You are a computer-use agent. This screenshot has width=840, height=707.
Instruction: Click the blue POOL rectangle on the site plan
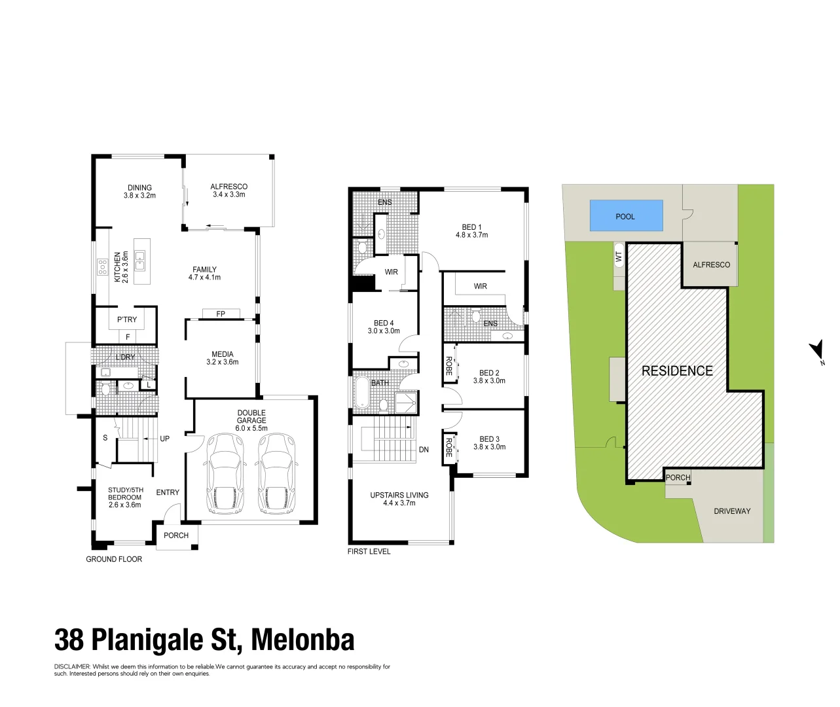(x=626, y=216)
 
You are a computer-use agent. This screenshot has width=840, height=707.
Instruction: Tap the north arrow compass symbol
(x=816, y=350)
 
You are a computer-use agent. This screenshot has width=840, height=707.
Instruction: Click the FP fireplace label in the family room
(x=221, y=314)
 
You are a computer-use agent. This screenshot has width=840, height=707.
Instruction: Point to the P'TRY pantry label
(x=127, y=319)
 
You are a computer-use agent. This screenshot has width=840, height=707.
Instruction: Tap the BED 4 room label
(x=384, y=323)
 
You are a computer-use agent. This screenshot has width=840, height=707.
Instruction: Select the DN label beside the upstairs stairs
(x=424, y=450)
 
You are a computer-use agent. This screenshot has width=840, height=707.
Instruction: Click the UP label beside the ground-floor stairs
(x=165, y=439)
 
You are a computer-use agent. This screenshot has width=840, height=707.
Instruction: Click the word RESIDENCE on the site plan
(x=677, y=371)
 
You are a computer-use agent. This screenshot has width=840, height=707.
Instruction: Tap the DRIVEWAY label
(x=732, y=511)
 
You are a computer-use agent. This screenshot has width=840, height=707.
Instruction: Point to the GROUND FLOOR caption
(x=114, y=559)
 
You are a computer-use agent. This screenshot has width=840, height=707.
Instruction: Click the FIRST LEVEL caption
(x=369, y=551)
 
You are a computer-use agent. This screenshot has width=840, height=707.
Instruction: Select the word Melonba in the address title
(x=302, y=640)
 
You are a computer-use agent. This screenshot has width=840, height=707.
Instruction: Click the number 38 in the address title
(x=69, y=640)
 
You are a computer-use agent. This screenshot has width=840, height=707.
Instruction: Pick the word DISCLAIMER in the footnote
(x=73, y=667)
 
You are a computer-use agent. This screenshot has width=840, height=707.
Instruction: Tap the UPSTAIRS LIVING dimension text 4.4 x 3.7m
(x=399, y=503)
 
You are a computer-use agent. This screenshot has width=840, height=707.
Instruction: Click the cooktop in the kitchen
(x=103, y=266)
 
